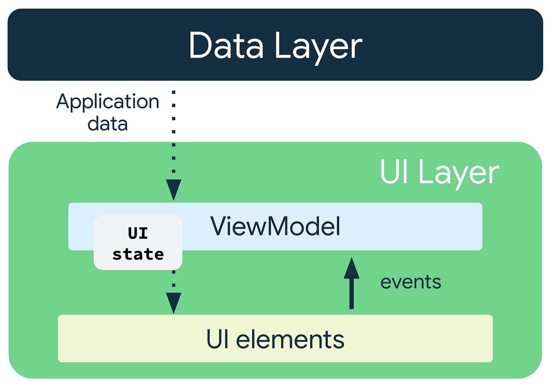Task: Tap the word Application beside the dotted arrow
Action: tap(107, 102)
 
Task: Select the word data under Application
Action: tap(107, 124)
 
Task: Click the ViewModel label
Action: tap(275, 226)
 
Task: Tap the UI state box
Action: tap(138, 243)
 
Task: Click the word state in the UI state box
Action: tap(138, 254)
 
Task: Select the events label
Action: tap(410, 282)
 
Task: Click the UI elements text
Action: tap(275, 339)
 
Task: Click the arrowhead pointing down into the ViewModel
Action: tap(174, 189)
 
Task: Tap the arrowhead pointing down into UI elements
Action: tap(174, 302)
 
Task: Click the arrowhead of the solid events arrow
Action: tap(351, 268)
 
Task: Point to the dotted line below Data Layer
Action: tap(174, 131)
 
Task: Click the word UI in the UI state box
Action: tap(138, 233)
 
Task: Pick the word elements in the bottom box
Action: tap(290, 340)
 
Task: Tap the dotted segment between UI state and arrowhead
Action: tap(174, 280)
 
